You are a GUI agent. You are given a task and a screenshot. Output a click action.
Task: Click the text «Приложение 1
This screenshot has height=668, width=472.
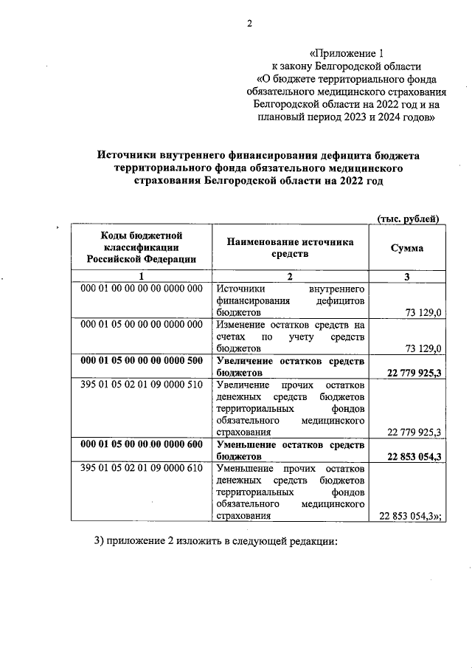(346, 52)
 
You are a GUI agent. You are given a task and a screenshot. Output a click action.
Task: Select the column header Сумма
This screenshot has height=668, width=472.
(406, 248)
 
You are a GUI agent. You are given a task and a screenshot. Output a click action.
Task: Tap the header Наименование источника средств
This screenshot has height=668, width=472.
(290, 248)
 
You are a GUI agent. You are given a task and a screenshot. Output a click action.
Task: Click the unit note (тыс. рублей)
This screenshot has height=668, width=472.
(408, 218)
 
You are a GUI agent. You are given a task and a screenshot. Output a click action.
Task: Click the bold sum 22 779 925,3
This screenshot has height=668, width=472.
(413, 373)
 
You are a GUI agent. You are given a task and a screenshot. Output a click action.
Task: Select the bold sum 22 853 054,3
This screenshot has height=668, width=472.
(413, 457)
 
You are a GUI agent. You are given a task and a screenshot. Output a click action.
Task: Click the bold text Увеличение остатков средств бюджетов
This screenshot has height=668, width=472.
(290, 367)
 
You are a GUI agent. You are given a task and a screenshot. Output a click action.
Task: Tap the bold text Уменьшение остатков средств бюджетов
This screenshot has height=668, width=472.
(290, 450)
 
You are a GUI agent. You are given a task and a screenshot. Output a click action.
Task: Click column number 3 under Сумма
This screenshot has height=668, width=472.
(406, 277)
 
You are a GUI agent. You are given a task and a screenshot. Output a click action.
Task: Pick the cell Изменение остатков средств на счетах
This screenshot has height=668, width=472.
(290, 336)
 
